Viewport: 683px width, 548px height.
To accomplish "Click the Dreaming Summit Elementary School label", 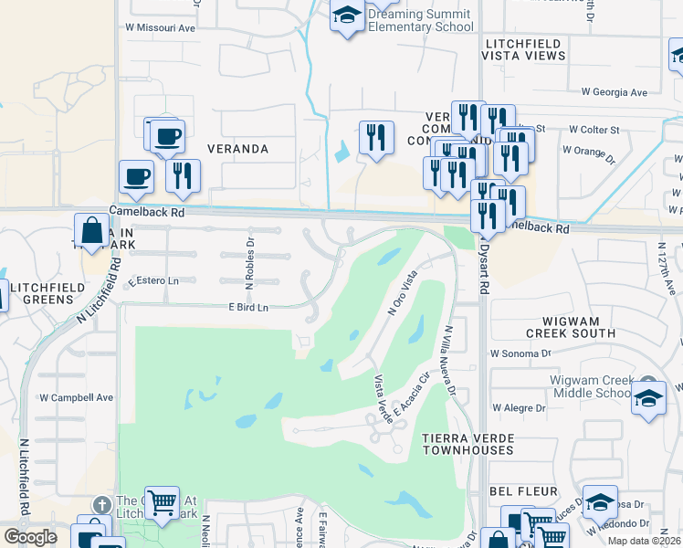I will [x=420, y=20].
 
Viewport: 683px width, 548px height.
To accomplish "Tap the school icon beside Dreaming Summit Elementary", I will [x=346, y=16].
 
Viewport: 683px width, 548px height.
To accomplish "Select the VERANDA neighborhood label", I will [x=237, y=148].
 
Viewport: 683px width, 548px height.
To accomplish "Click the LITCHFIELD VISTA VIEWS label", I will [x=539, y=48].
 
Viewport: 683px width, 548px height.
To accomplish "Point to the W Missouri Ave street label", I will [x=161, y=27].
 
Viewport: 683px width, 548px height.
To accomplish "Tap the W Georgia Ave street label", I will [x=615, y=92].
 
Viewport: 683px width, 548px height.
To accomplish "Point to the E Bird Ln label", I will [x=248, y=308].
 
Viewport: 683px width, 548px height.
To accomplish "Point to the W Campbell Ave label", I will [x=77, y=397].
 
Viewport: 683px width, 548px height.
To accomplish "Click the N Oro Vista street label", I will [x=403, y=293].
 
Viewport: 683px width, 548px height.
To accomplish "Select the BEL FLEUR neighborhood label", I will [x=523, y=491].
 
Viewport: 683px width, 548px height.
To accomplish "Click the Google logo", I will [x=30, y=537].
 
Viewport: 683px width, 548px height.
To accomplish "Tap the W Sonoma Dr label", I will [x=521, y=353].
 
